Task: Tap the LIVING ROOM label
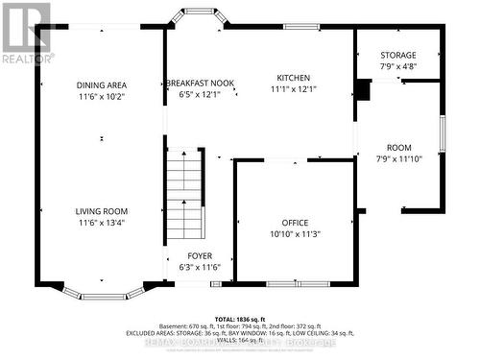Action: pyautogui.click(x=102, y=211)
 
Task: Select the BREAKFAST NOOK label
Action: pyautogui.click(x=199, y=84)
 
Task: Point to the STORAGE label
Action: pyautogui.click(x=397, y=56)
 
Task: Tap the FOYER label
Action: pyautogui.click(x=200, y=255)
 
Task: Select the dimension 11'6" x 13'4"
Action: pyautogui.click(x=102, y=223)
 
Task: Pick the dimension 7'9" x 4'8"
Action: pyautogui.click(x=397, y=67)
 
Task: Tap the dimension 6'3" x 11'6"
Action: pyautogui.click(x=200, y=267)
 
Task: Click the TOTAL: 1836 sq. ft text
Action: pyautogui.click(x=239, y=318)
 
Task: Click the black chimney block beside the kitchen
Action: pyautogui.click(x=363, y=90)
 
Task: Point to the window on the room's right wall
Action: pyautogui.click(x=442, y=134)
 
